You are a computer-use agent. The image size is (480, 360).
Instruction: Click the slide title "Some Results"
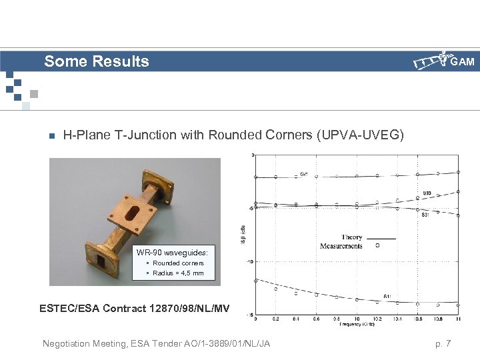(x=97, y=62)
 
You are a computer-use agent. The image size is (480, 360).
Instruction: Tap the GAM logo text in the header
(x=462, y=62)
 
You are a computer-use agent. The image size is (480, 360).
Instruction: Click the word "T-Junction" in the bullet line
(x=175, y=135)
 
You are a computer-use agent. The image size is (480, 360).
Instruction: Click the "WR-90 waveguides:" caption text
(x=172, y=253)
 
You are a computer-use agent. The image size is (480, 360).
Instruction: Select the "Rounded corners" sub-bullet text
(x=178, y=263)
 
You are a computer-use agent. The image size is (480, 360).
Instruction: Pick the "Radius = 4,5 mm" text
(x=178, y=273)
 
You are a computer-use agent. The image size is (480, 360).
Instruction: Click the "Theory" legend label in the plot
(x=351, y=237)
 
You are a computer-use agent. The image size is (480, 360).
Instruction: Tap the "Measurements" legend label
(x=341, y=246)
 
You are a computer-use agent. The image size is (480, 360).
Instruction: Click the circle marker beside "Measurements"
(x=378, y=245)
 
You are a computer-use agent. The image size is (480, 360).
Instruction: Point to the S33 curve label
(x=427, y=193)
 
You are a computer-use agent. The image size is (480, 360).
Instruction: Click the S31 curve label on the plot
(x=425, y=215)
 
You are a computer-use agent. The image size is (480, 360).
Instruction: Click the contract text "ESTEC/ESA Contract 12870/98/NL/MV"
(x=135, y=308)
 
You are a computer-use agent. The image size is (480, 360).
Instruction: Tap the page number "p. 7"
(x=443, y=343)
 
